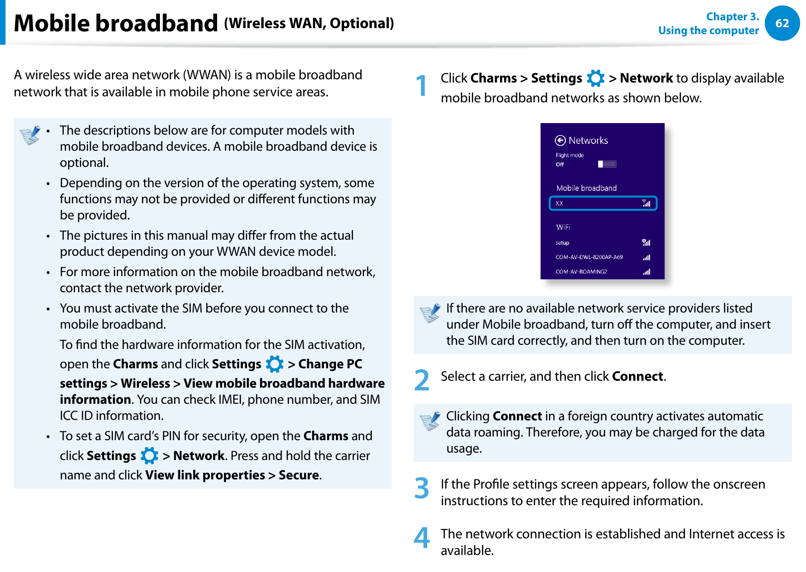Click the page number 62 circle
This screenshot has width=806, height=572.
(x=782, y=24)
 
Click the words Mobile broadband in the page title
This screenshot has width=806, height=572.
(x=116, y=24)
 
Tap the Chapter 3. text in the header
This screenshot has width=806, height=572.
(x=732, y=17)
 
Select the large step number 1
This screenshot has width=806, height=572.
(x=421, y=86)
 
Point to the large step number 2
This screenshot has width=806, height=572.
(x=421, y=380)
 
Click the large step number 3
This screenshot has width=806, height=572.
(x=421, y=489)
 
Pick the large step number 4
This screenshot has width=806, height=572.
(x=421, y=538)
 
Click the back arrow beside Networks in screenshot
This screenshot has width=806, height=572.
(x=560, y=141)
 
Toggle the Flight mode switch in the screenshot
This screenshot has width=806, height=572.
(x=607, y=164)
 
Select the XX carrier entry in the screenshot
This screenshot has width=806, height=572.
(x=602, y=203)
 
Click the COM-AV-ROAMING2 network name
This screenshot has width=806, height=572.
(x=581, y=272)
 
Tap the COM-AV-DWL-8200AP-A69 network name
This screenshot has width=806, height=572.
(x=589, y=257)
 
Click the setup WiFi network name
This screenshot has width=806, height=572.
(x=562, y=243)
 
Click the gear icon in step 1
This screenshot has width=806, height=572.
(x=595, y=78)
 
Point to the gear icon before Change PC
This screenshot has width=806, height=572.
(x=275, y=364)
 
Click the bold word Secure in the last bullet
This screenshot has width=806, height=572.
(x=299, y=475)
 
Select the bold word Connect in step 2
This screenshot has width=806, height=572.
(x=637, y=377)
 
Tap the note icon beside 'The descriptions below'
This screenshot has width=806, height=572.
(x=30, y=135)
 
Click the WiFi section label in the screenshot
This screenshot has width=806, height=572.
(x=563, y=227)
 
